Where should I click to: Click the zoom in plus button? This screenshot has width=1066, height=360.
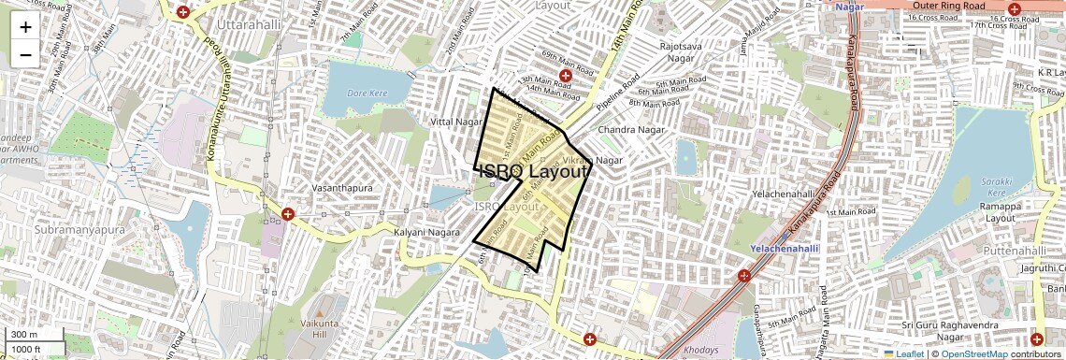click(25, 26)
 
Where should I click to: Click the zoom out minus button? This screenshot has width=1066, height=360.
click(25, 54)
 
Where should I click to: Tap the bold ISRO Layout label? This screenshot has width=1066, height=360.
click(533, 171)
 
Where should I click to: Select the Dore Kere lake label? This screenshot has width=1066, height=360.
click(366, 94)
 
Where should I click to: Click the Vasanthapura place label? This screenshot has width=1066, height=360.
click(343, 188)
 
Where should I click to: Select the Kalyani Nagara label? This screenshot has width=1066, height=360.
click(423, 231)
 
